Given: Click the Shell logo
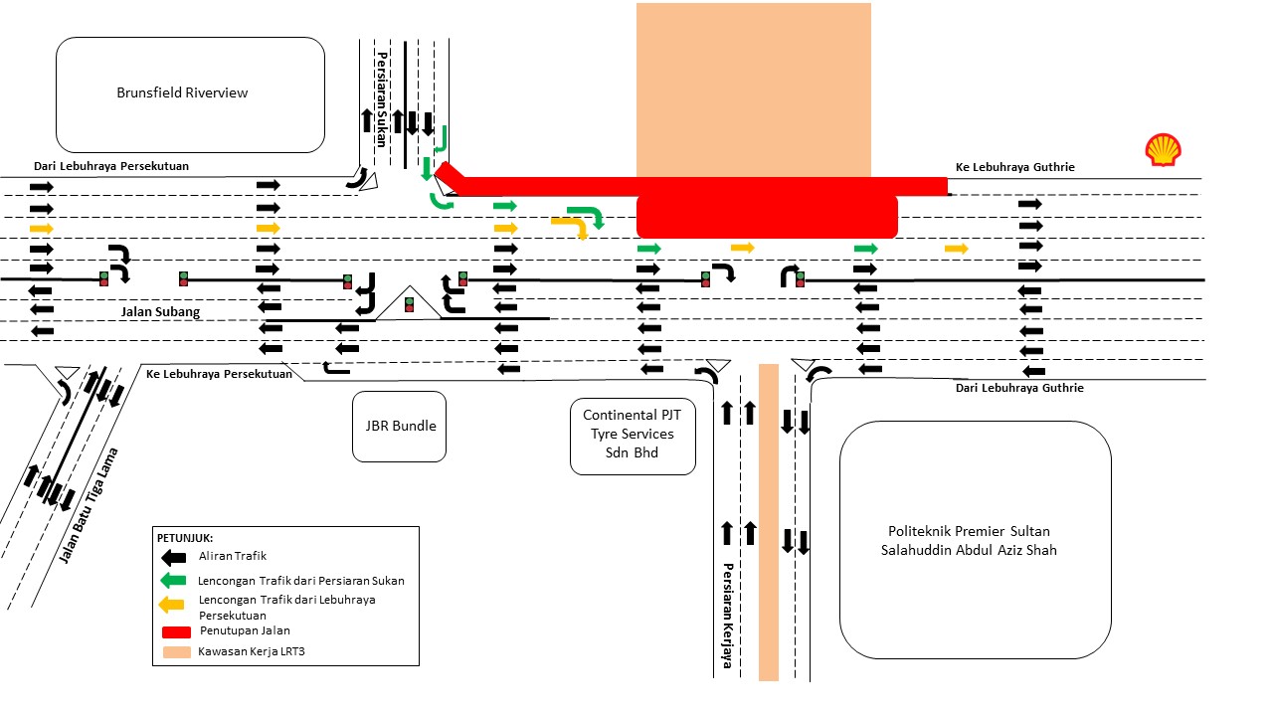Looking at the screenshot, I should pos(1163,150).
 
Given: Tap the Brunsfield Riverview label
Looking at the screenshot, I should pos(182,93).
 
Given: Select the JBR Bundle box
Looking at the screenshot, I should pos(400,427).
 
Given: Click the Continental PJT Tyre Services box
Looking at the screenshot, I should pos(633,436).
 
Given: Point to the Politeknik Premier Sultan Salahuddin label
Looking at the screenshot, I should pos(974,540).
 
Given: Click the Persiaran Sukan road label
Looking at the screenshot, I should pos(381,98).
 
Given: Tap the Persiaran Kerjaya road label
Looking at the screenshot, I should pos(728,616).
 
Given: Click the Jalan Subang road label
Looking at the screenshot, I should pos(160,312).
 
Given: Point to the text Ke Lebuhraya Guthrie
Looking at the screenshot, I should pos(1014,167).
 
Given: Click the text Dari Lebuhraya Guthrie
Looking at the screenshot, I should pos(1019,388).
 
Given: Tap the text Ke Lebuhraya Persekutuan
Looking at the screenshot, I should pos(219,374).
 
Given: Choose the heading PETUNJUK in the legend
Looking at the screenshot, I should pos(185,538).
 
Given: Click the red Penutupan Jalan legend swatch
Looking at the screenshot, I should pos(174,630).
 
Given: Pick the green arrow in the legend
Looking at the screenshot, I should pos(174,580).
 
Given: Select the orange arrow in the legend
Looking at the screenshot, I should pos(174,603).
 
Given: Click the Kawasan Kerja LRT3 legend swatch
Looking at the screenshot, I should pos(174,652).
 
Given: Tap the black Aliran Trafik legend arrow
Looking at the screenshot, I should pos(174,557).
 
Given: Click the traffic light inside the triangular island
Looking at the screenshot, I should pos(409,304).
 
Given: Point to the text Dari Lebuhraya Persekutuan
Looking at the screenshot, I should pos(111,166).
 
